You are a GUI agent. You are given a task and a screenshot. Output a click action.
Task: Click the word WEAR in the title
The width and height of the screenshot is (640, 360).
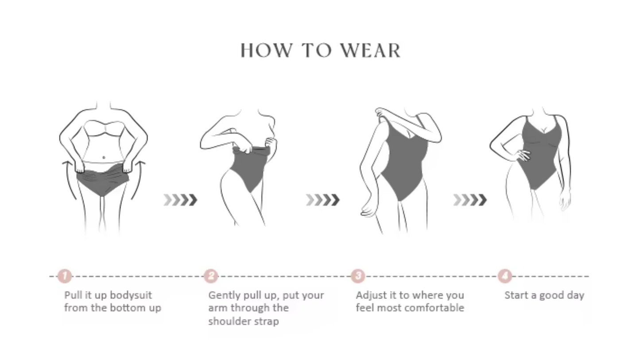[x=371, y=50]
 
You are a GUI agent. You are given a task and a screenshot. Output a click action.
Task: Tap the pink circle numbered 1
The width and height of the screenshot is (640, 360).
[x=65, y=276]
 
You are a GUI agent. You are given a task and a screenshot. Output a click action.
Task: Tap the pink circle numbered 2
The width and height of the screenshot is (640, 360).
[x=211, y=276]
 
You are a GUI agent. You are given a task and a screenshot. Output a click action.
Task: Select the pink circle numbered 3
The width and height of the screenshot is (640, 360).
[x=358, y=276]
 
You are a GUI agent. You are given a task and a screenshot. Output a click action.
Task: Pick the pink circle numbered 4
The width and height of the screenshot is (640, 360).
[x=505, y=276]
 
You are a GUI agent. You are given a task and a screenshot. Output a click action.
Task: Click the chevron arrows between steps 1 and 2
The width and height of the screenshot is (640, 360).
[x=180, y=200]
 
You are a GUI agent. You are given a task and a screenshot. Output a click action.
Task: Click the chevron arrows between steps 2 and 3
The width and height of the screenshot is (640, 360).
[x=322, y=200]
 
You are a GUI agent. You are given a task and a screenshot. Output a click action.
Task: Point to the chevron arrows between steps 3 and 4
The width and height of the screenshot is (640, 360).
[x=470, y=200]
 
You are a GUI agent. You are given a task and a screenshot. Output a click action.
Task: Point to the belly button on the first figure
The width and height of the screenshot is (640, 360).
[x=104, y=158]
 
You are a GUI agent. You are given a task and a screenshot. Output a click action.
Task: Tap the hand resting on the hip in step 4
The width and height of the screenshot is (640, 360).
[x=523, y=155]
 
